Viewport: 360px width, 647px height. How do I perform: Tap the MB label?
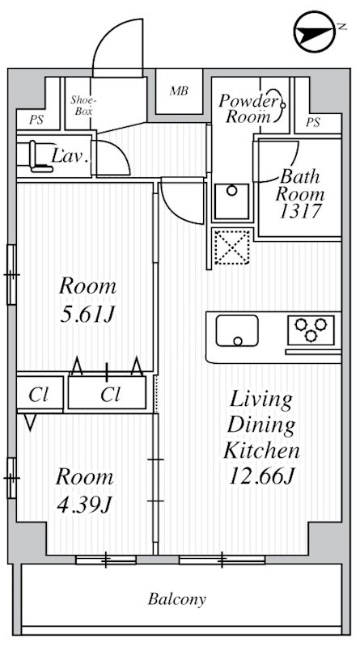pos(179,90)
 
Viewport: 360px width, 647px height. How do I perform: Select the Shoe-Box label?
pos(82,105)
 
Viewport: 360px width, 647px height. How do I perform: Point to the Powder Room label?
pos(248,108)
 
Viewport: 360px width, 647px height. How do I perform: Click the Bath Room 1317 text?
pos(300,195)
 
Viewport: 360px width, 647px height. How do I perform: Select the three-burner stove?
pos(311,328)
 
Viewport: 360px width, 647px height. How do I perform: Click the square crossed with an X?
pos(231,248)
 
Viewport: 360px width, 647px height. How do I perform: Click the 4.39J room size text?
pos(83,505)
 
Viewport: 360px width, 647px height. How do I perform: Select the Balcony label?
pos(177,600)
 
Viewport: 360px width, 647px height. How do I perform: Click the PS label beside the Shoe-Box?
pos(36,121)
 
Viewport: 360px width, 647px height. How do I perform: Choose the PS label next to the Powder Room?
pos(313,122)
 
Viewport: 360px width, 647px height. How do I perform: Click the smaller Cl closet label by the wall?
pos(38,395)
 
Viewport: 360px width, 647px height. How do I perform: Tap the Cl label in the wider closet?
pos(111,395)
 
